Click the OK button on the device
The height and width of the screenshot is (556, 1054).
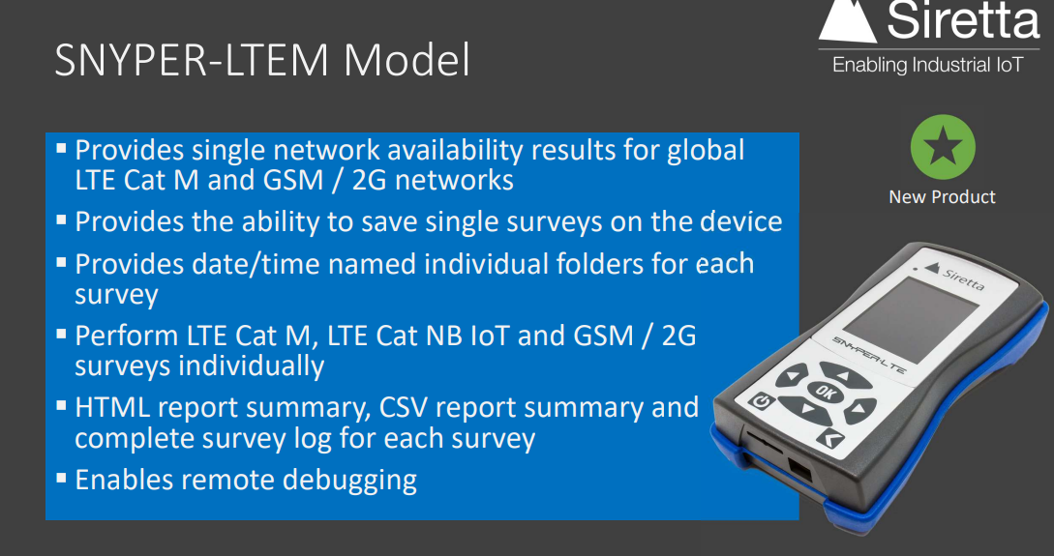click(825, 392)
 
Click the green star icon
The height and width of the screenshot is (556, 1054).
click(942, 148)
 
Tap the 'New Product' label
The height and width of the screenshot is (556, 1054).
click(942, 197)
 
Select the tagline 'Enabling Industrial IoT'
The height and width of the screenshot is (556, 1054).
click(927, 66)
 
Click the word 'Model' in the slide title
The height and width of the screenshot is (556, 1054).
click(407, 62)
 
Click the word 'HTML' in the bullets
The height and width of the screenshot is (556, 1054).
click(111, 408)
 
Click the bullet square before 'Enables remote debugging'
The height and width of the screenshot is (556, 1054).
click(61, 477)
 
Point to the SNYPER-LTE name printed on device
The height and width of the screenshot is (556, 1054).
click(868, 342)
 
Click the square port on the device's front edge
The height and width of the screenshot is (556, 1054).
click(798, 472)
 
